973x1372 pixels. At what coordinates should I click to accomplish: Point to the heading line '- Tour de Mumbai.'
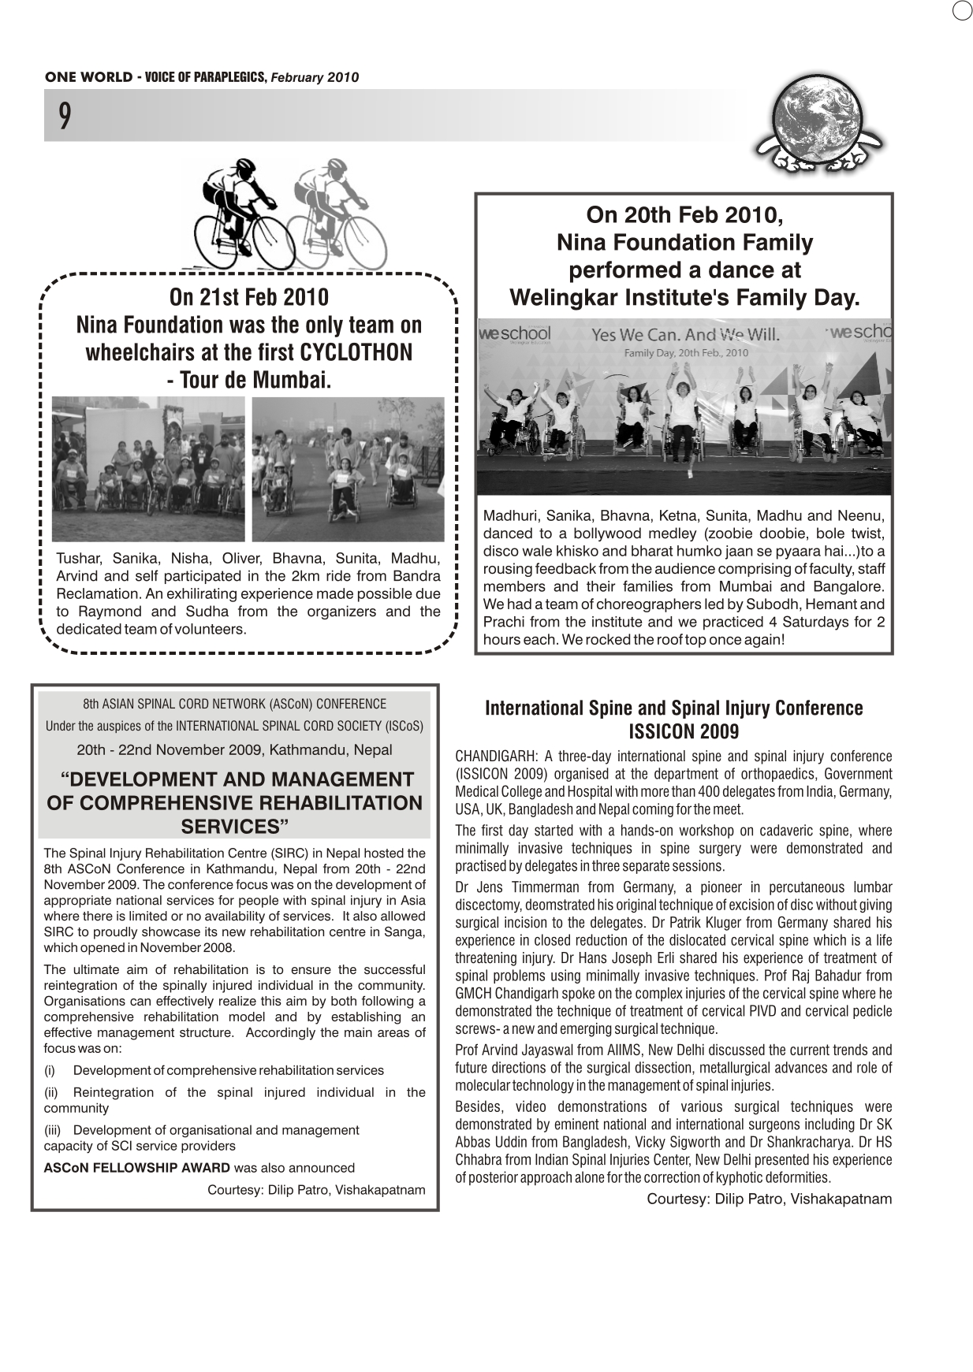(248, 380)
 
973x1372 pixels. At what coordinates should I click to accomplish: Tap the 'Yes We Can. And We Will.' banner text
(685, 334)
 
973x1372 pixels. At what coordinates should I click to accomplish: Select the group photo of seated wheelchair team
(148, 468)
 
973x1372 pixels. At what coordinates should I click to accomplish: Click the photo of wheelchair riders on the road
(348, 468)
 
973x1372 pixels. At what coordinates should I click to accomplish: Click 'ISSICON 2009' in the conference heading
(684, 731)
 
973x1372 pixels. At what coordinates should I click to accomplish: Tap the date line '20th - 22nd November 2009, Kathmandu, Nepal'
(234, 749)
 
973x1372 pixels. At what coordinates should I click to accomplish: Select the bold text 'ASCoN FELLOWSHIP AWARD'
(137, 1168)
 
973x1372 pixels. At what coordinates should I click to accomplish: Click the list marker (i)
(50, 1070)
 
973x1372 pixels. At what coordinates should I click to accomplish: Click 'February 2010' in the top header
(315, 77)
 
